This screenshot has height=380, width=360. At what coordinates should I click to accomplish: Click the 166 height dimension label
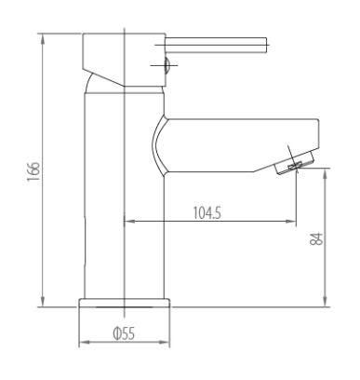coord(33,171)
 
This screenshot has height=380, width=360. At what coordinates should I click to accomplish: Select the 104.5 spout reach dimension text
coord(207,213)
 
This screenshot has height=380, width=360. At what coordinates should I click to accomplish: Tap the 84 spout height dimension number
coord(316,238)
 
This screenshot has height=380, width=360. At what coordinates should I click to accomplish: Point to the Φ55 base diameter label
coord(124,333)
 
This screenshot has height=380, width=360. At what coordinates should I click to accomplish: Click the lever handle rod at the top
coord(216,45)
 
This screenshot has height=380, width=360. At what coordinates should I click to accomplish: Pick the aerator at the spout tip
coord(295,163)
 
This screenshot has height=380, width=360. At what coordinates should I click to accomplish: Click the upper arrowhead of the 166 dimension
coord(43,39)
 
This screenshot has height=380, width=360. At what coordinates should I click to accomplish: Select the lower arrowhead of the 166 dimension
coord(43,301)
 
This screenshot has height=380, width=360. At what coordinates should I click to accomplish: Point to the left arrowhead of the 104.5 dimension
coord(129,222)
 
